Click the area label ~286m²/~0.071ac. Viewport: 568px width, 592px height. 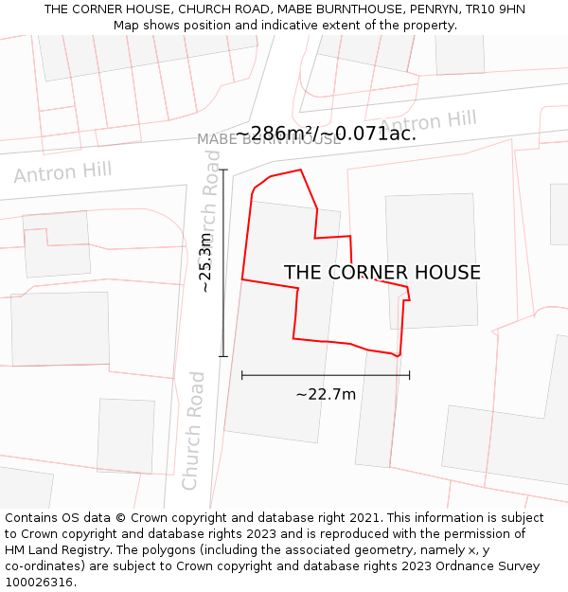pyautogui.click(x=326, y=134)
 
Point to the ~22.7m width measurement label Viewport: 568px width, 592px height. pyautogui.click(x=326, y=394)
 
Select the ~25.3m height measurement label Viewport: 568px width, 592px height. pyautogui.click(x=205, y=263)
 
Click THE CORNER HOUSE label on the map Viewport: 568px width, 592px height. pyautogui.click(x=382, y=273)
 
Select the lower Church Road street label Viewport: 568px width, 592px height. pyautogui.click(x=193, y=431)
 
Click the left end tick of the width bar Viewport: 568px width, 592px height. pyautogui.click(x=242, y=375)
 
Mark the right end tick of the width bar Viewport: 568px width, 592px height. pyautogui.click(x=410, y=375)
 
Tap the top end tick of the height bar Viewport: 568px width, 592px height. pyautogui.click(x=223, y=170)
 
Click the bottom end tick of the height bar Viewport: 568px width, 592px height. pyautogui.click(x=223, y=357)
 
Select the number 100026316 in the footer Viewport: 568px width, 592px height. pyautogui.click(x=39, y=583)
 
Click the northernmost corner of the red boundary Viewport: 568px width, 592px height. pyautogui.click(x=301, y=170)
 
